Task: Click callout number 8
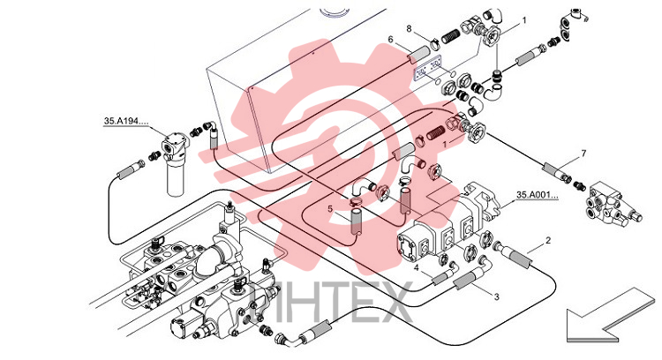coord(409,28)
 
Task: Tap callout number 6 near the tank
coord(390,39)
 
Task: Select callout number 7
coord(584,154)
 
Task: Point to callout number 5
coord(330,208)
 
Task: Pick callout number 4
coord(417,267)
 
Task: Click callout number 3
coord(496,296)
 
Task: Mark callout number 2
coord(548,241)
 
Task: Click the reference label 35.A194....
coord(126,121)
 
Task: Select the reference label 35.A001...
coord(537,195)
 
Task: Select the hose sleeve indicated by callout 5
coord(357,221)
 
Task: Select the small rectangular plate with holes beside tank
coord(427,69)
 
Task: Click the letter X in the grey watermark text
coord(393,302)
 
